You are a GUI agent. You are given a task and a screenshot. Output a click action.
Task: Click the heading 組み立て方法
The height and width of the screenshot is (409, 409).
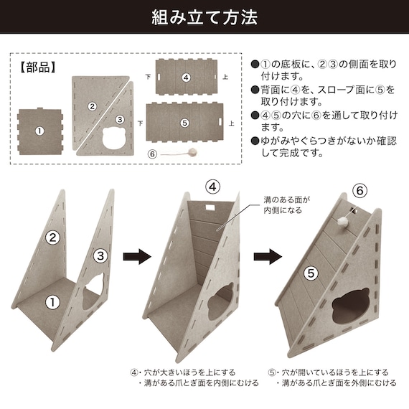204,17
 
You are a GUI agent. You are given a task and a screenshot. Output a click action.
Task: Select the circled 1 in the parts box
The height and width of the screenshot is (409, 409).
39,131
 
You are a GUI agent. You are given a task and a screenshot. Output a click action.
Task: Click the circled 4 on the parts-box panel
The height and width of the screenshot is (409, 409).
186,77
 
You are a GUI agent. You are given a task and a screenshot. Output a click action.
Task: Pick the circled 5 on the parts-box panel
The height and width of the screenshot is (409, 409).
184,123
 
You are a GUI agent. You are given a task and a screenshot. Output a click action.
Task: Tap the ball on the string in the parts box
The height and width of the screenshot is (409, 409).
193,151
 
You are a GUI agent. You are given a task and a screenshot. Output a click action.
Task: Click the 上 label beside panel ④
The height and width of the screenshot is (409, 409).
227,77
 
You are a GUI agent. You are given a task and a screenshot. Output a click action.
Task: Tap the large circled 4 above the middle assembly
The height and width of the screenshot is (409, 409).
213,187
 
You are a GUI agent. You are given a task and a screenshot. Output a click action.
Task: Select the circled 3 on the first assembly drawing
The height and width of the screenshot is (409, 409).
100,254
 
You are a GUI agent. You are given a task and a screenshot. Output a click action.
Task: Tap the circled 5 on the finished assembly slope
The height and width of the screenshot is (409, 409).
311,273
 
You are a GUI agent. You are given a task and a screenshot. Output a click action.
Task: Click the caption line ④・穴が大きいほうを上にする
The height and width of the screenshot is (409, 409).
184,372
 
